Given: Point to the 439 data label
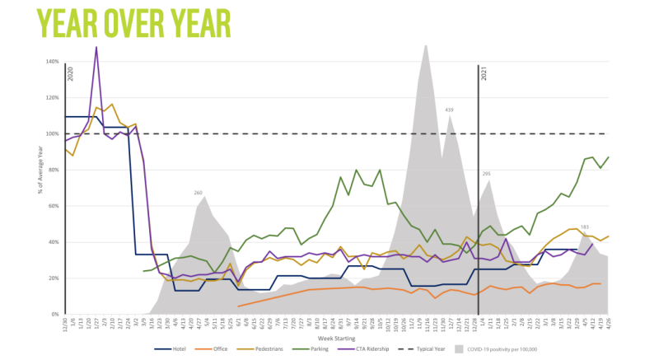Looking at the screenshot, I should point(450,110).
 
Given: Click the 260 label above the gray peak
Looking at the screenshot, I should point(199,193).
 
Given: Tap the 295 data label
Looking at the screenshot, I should point(487,175).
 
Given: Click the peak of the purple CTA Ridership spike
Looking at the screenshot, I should point(96,47).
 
